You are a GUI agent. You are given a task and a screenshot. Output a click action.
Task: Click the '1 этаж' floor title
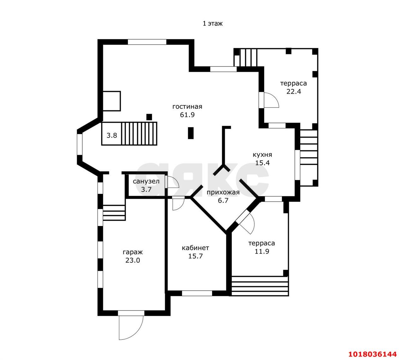pyautogui.click(x=212, y=24)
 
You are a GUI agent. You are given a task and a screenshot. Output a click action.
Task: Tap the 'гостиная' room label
pyautogui.click(x=187, y=107)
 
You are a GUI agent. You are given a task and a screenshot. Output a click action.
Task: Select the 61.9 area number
pyautogui.click(x=187, y=115)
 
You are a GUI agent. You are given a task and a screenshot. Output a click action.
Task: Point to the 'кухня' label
pyautogui.click(x=262, y=155)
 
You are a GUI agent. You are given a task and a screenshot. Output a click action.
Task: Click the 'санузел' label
pyautogui.click(x=146, y=181)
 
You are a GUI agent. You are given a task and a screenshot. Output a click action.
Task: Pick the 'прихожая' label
pyautogui.click(x=223, y=192)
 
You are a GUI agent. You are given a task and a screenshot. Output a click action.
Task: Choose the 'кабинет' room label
pyautogui.click(x=195, y=248)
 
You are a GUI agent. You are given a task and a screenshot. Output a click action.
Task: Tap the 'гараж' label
pyautogui.click(x=133, y=252)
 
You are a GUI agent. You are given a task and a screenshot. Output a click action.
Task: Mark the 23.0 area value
pyautogui.click(x=133, y=260)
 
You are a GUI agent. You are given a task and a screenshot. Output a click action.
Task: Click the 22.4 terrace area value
pyautogui.click(x=294, y=91)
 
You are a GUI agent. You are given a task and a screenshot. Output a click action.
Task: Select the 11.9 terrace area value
pyautogui.click(x=262, y=252)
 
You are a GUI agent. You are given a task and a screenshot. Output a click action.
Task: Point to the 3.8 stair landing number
pyautogui.click(x=112, y=136)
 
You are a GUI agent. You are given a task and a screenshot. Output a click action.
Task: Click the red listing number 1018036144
pyautogui.click(x=372, y=354)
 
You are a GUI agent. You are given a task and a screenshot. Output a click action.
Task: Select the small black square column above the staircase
pyautogui.click(x=149, y=117)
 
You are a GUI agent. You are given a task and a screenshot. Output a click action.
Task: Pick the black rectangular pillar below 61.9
pyautogui.click(x=191, y=133)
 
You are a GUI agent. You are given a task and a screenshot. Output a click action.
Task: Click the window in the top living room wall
pyautogui.click(x=147, y=42)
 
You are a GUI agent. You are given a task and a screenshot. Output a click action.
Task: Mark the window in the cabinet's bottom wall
pyautogui.click(x=197, y=293)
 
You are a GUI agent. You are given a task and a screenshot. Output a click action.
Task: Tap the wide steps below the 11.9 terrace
pyautogui.click(x=260, y=286)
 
